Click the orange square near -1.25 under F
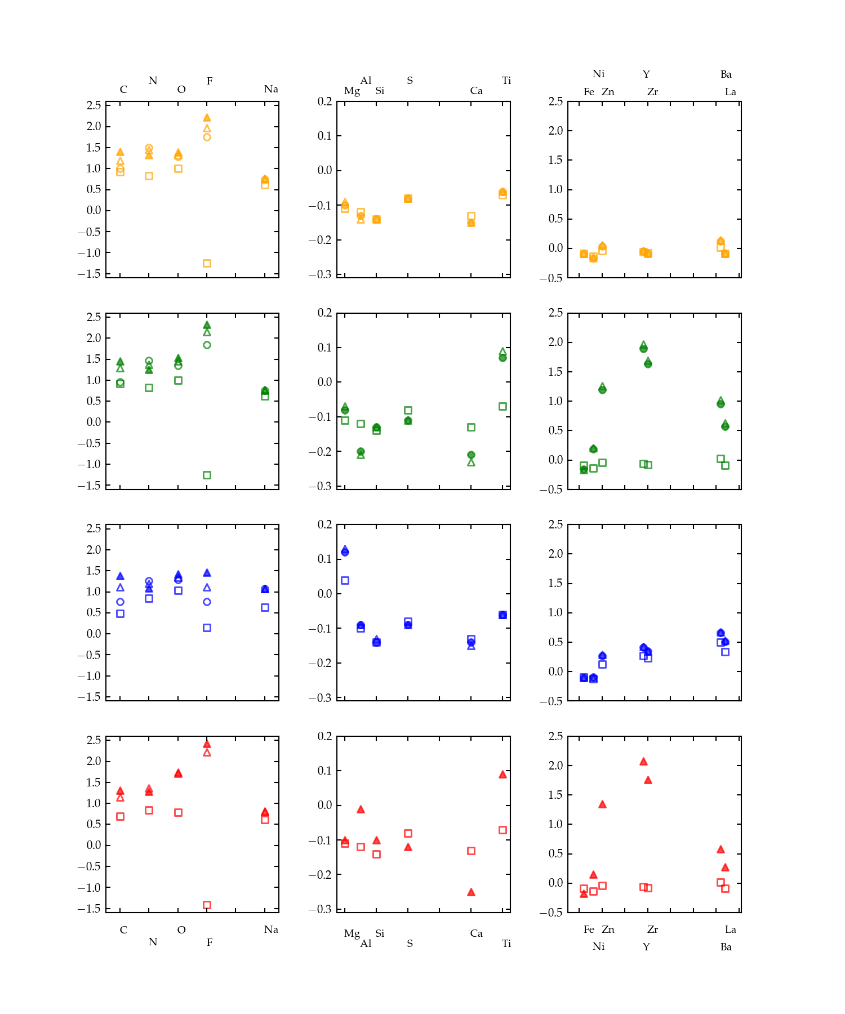pyautogui.click(x=207, y=263)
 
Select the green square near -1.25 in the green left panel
pyautogui.click(x=207, y=475)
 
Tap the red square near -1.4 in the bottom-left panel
pyautogui.click(x=207, y=905)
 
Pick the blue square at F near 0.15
pyautogui.click(x=207, y=628)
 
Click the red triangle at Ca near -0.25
pyautogui.click(x=471, y=892)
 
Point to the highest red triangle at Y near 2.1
pyautogui.click(x=643, y=762)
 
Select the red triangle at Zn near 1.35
pyautogui.click(x=602, y=804)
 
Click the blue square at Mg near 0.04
pyautogui.click(x=345, y=580)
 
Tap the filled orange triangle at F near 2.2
pyautogui.click(x=207, y=118)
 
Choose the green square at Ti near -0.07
pyautogui.click(x=502, y=406)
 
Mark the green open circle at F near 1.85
pyautogui.click(x=207, y=345)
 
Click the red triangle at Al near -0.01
pyautogui.click(x=361, y=810)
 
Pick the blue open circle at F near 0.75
pyautogui.click(x=207, y=602)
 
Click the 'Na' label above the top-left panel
pyautogui.click(x=271, y=89)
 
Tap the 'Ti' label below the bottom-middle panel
pyautogui.click(x=506, y=944)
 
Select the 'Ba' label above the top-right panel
pyautogui.click(x=726, y=74)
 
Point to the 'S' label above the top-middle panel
pyautogui.click(x=410, y=81)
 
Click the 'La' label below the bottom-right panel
pyautogui.click(x=730, y=929)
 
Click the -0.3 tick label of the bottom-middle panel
pyautogui.click(x=320, y=909)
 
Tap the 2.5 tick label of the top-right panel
pyautogui.click(x=555, y=101)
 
